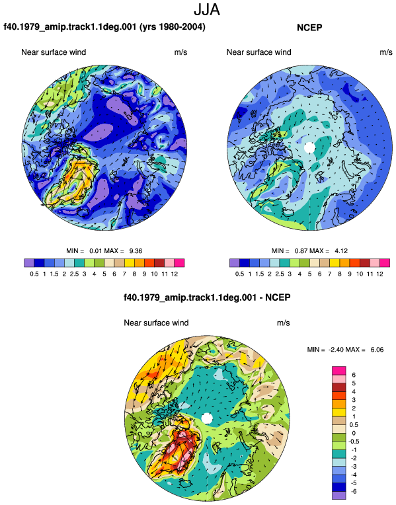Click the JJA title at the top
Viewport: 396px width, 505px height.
tap(207, 10)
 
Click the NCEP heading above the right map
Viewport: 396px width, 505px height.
tap(309, 28)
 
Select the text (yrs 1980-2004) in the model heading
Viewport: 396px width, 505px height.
tap(173, 26)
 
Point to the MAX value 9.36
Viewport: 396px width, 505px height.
tap(136, 251)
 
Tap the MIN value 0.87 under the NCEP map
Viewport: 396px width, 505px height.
tap(301, 251)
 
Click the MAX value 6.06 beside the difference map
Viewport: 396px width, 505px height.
tap(377, 350)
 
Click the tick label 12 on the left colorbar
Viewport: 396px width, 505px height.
tap(175, 274)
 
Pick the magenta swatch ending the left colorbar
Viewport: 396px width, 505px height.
tap(179, 263)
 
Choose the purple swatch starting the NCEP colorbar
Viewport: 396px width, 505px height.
tap(235, 263)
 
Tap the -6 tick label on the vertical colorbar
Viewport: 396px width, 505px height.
tap(354, 492)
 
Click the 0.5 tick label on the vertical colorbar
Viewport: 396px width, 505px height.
tap(354, 425)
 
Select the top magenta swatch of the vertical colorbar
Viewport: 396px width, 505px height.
tap(339, 371)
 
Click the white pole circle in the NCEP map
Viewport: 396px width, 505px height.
tap(309, 147)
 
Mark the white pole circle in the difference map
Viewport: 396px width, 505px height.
tap(207, 418)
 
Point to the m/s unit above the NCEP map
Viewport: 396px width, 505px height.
tap(386, 52)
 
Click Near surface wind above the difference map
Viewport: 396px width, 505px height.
tap(156, 323)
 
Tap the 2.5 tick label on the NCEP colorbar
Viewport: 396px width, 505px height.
tap(280, 274)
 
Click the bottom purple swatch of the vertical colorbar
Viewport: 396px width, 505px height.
tap(339, 496)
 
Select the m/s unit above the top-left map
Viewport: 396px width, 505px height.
tap(180, 52)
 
